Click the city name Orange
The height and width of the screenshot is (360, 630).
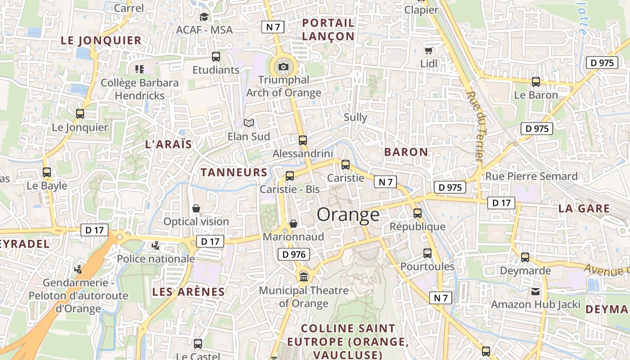click(x=348, y=215)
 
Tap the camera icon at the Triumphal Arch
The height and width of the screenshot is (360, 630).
click(x=283, y=67)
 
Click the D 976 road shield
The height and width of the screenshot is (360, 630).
click(x=294, y=254)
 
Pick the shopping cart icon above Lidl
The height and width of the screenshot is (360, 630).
click(x=429, y=50)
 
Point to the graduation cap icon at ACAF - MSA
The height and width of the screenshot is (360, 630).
click(x=204, y=17)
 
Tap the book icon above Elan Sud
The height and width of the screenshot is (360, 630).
click(x=248, y=123)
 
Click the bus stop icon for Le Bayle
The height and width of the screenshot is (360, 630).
click(x=47, y=172)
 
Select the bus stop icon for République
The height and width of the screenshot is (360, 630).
click(x=418, y=213)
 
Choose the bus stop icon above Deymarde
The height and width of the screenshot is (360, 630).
click(x=525, y=257)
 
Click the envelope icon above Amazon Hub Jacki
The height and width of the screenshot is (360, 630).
click(x=535, y=292)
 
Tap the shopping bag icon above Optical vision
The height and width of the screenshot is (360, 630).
click(x=196, y=208)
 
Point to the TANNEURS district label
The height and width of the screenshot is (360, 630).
click(x=234, y=172)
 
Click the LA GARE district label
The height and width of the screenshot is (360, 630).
click(x=584, y=209)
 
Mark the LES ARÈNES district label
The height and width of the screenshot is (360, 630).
click(x=188, y=292)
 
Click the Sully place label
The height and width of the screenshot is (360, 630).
click(x=355, y=117)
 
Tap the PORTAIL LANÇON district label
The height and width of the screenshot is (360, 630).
click(x=328, y=30)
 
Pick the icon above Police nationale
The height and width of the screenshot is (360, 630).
click(x=156, y=246)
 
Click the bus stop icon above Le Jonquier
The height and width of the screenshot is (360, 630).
click(x=80, y=114)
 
